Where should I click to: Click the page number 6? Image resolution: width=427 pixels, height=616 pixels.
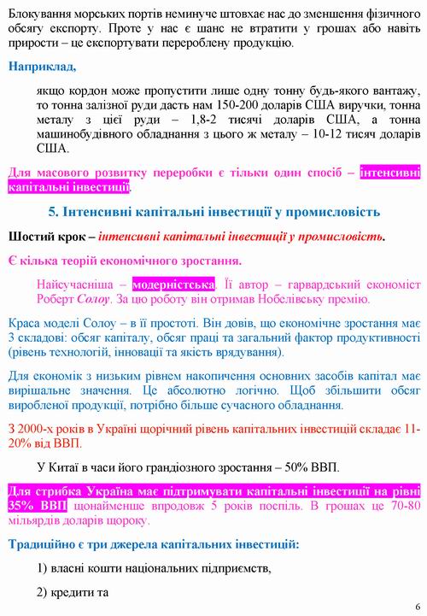pyautogui.click(x=418, y=605)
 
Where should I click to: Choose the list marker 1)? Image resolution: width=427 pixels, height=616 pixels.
pyautogui.click(x=48, y=568)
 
